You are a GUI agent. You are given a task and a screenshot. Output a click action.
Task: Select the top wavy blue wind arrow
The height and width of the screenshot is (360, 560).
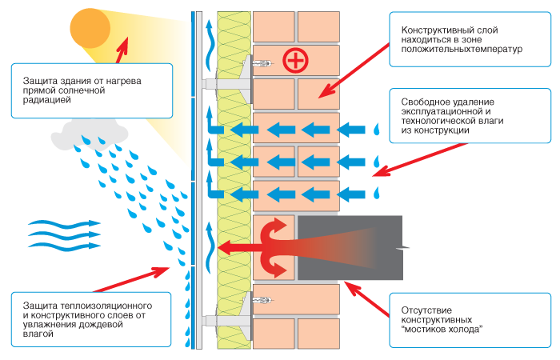click(64, 223)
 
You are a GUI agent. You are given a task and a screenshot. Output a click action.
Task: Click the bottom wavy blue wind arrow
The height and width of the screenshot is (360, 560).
click(64, 245)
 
